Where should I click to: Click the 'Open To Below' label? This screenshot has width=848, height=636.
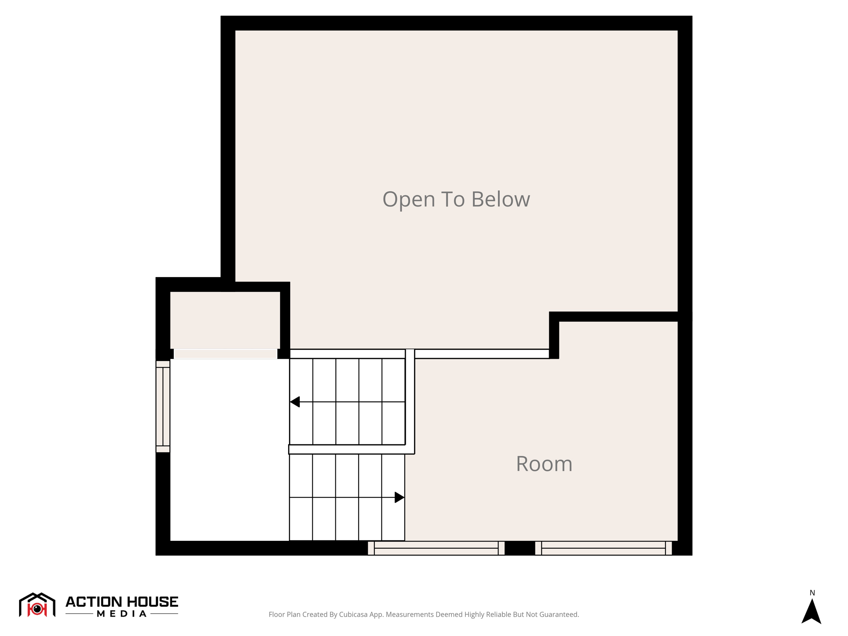point(456,199)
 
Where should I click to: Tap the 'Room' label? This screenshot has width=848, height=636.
point(544,464)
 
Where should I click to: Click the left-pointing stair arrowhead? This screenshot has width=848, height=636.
point(295,402)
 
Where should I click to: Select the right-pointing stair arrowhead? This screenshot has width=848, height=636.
point(399,497)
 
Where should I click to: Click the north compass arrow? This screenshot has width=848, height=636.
point(811,612)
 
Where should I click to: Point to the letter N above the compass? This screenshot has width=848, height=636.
point(812,593)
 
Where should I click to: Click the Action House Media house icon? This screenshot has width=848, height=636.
point(37,605)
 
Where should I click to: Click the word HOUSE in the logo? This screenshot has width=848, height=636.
point(152,602)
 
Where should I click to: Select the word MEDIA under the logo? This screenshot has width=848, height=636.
point(122,614)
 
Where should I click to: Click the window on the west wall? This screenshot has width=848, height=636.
point(163,406)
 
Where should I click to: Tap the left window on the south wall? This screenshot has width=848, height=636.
point(436,548)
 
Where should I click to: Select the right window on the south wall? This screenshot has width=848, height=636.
point(603,548)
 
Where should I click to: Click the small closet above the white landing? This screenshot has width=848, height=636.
point(225,320)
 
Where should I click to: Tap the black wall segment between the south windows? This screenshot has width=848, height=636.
point(520,548)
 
